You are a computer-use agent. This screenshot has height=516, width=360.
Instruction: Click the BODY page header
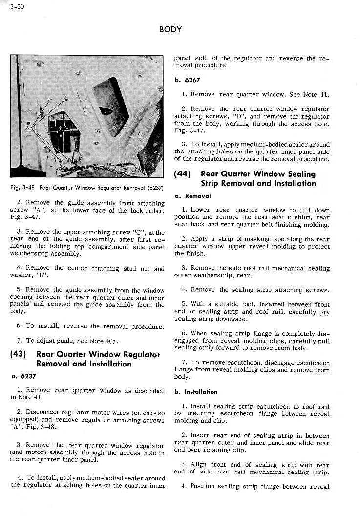(x=170, y=30)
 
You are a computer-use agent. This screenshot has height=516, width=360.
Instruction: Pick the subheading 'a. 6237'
(x=22, y=376)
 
